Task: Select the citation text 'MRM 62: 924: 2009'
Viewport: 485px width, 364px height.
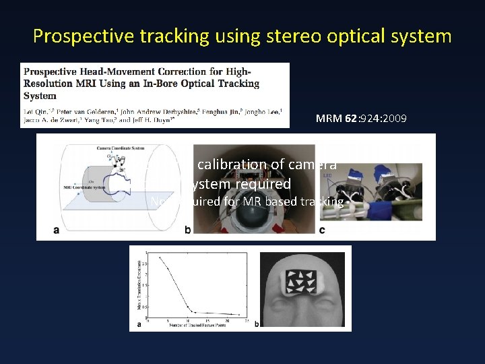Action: point(360,118)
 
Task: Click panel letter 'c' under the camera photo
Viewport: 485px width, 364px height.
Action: point(323,231)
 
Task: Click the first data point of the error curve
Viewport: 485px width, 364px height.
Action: point(159,257)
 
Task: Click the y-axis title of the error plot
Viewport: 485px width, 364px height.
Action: point(138,284)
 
